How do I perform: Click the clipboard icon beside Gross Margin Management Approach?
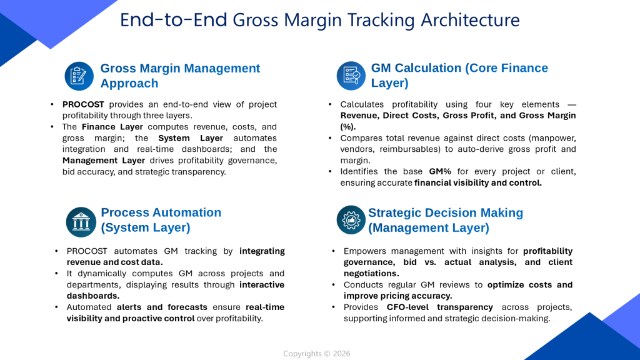[x=79, y=76]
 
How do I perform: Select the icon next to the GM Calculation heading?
[x=351, y=76]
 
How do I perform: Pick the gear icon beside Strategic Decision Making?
[x=351, y=220]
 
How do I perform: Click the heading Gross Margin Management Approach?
[x=180, y=76]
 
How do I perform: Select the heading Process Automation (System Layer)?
[x=161, y=220]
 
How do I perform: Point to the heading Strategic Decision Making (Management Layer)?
[x=445, y=220]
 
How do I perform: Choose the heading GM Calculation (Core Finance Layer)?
[x=459, y=76]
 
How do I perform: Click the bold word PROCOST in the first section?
[x=83, y=104]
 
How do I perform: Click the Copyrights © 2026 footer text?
[x=317, y=354]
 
